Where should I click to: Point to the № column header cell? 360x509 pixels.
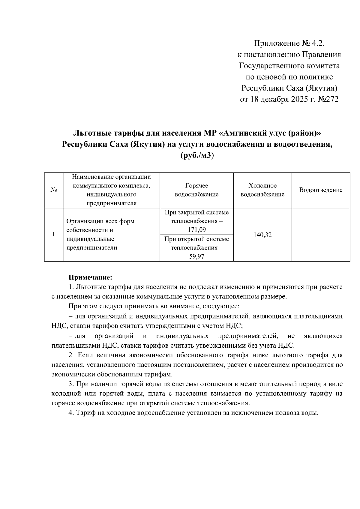pos(54,190)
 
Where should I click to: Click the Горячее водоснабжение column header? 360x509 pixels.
pos(196,190)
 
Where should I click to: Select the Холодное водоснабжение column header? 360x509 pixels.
pos(262,190)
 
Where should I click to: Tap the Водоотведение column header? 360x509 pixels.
pos(321,190)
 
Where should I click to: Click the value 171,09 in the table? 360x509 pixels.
pos(196,230)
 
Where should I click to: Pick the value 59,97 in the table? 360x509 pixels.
pos(196,257)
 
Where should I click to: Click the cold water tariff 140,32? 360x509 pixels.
pos(262,235)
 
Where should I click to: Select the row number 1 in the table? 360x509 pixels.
pos(54,234)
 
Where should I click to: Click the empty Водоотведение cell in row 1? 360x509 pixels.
pos(321,235)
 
